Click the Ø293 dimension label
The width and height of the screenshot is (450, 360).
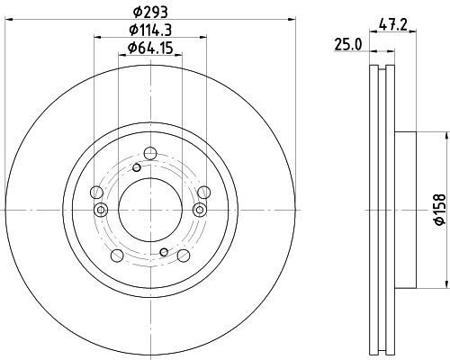click(x=150, y=12)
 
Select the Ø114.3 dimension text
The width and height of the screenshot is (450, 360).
click(x=150, y=30)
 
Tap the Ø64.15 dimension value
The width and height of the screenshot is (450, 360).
click(x=150, y=48)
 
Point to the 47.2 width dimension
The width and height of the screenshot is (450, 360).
click(x=392, y=24)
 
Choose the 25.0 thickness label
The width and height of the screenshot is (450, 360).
click(x=348, y=45)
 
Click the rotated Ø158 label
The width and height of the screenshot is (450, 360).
click(x=441, y=210)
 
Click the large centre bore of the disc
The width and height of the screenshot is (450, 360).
click(x=150, y=210)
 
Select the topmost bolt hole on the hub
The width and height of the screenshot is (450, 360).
click(x=150, y=153)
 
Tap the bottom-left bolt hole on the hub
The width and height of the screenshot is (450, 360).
click(x=117, y=256)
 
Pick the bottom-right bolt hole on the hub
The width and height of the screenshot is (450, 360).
click(x=184, y=256)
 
